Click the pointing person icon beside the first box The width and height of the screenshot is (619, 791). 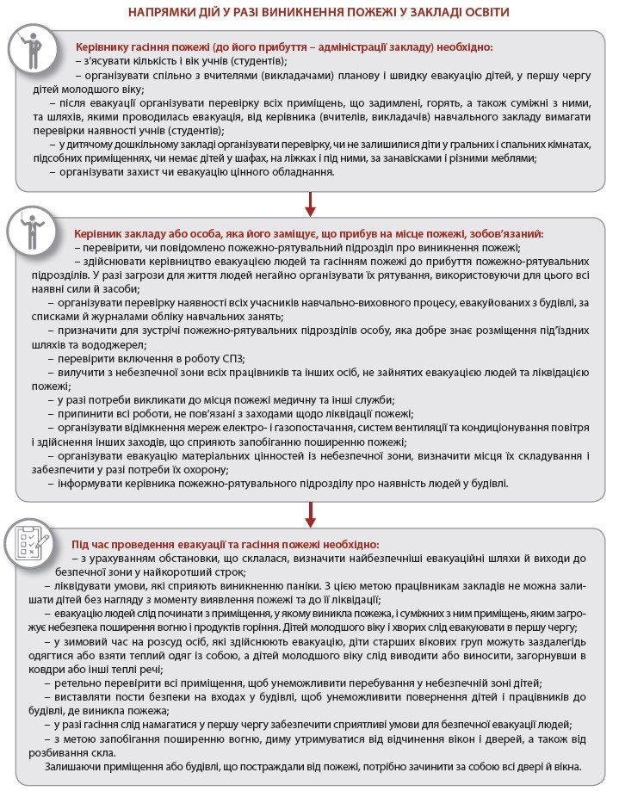pos(33,52)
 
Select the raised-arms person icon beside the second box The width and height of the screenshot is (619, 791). pos(33,230)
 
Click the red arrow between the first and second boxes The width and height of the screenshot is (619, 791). pos(310,201)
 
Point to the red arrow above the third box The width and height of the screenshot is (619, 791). pos(310,514)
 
